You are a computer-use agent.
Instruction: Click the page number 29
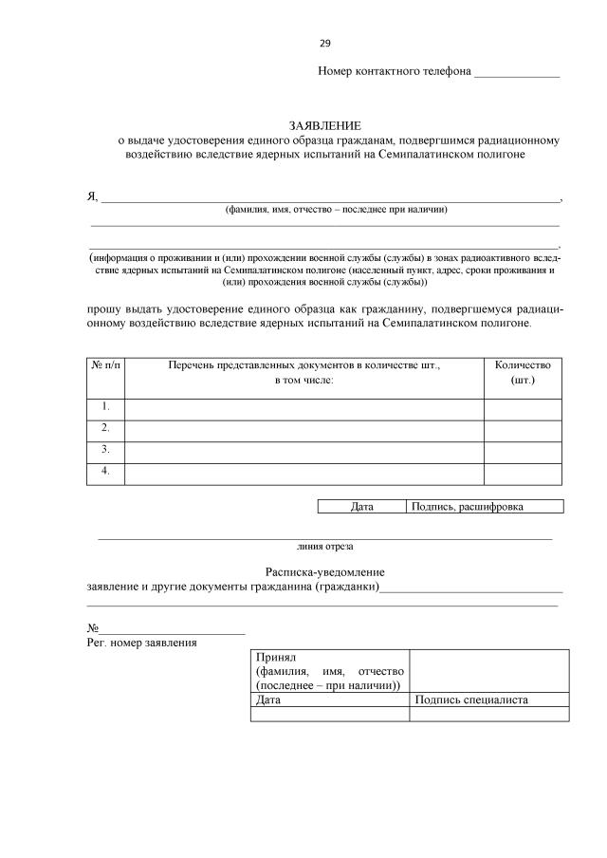tap(325, 44)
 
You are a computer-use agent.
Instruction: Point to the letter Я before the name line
tap(92, 196)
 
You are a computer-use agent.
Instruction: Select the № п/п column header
tap(106, 364)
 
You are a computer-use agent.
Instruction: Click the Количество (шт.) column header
tap(524, 371)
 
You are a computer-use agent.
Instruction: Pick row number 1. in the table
tap(106, 407)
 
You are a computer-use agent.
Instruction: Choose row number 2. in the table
tap(106, 429)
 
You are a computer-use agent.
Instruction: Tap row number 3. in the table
tap(106, 450)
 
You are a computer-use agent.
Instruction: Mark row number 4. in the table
tap(106, 472)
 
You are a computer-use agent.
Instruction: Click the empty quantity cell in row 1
tap(524, 408)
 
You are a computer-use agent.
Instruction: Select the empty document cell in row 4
tap(304, 473)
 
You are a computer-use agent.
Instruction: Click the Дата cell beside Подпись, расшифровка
tap(361, 507)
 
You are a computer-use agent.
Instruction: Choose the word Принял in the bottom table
tap(277, 657)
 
